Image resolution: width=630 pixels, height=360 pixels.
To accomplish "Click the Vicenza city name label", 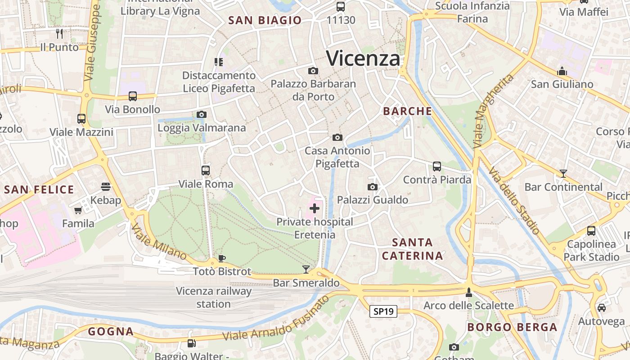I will click(363, 58).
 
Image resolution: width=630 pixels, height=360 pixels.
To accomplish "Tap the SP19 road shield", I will click(383, 311).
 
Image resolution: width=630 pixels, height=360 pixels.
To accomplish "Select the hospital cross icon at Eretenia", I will click(315, 208).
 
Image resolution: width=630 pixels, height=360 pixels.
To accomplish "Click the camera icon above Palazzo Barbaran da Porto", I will click(313, 71).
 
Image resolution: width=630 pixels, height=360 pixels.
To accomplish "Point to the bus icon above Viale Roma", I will click(206, 171).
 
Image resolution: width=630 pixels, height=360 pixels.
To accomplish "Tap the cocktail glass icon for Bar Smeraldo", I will click(306, 270).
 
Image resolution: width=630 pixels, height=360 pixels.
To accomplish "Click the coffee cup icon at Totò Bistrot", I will click(221, 258).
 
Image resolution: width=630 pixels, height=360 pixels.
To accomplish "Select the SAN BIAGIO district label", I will click(265, 20).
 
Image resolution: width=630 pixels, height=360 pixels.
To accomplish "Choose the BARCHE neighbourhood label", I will click(407, 111).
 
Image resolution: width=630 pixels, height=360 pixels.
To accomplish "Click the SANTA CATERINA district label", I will click(412, 249).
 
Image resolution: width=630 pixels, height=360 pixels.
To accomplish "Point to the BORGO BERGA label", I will click(512, 327).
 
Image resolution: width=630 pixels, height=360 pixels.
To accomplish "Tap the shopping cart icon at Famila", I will click(78, 210).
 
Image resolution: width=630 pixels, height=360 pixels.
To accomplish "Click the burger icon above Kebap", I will click(106, 187).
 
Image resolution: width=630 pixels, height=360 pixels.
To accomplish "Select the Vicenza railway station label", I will click(214, 297).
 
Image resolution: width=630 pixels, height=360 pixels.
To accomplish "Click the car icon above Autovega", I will click(601, 308).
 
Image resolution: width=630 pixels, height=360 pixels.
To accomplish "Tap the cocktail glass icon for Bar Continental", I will click(563, 173).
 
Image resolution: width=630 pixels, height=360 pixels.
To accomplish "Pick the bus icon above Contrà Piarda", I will click(436, 166).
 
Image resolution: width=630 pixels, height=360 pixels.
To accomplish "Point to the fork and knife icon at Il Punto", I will click(59, 33).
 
